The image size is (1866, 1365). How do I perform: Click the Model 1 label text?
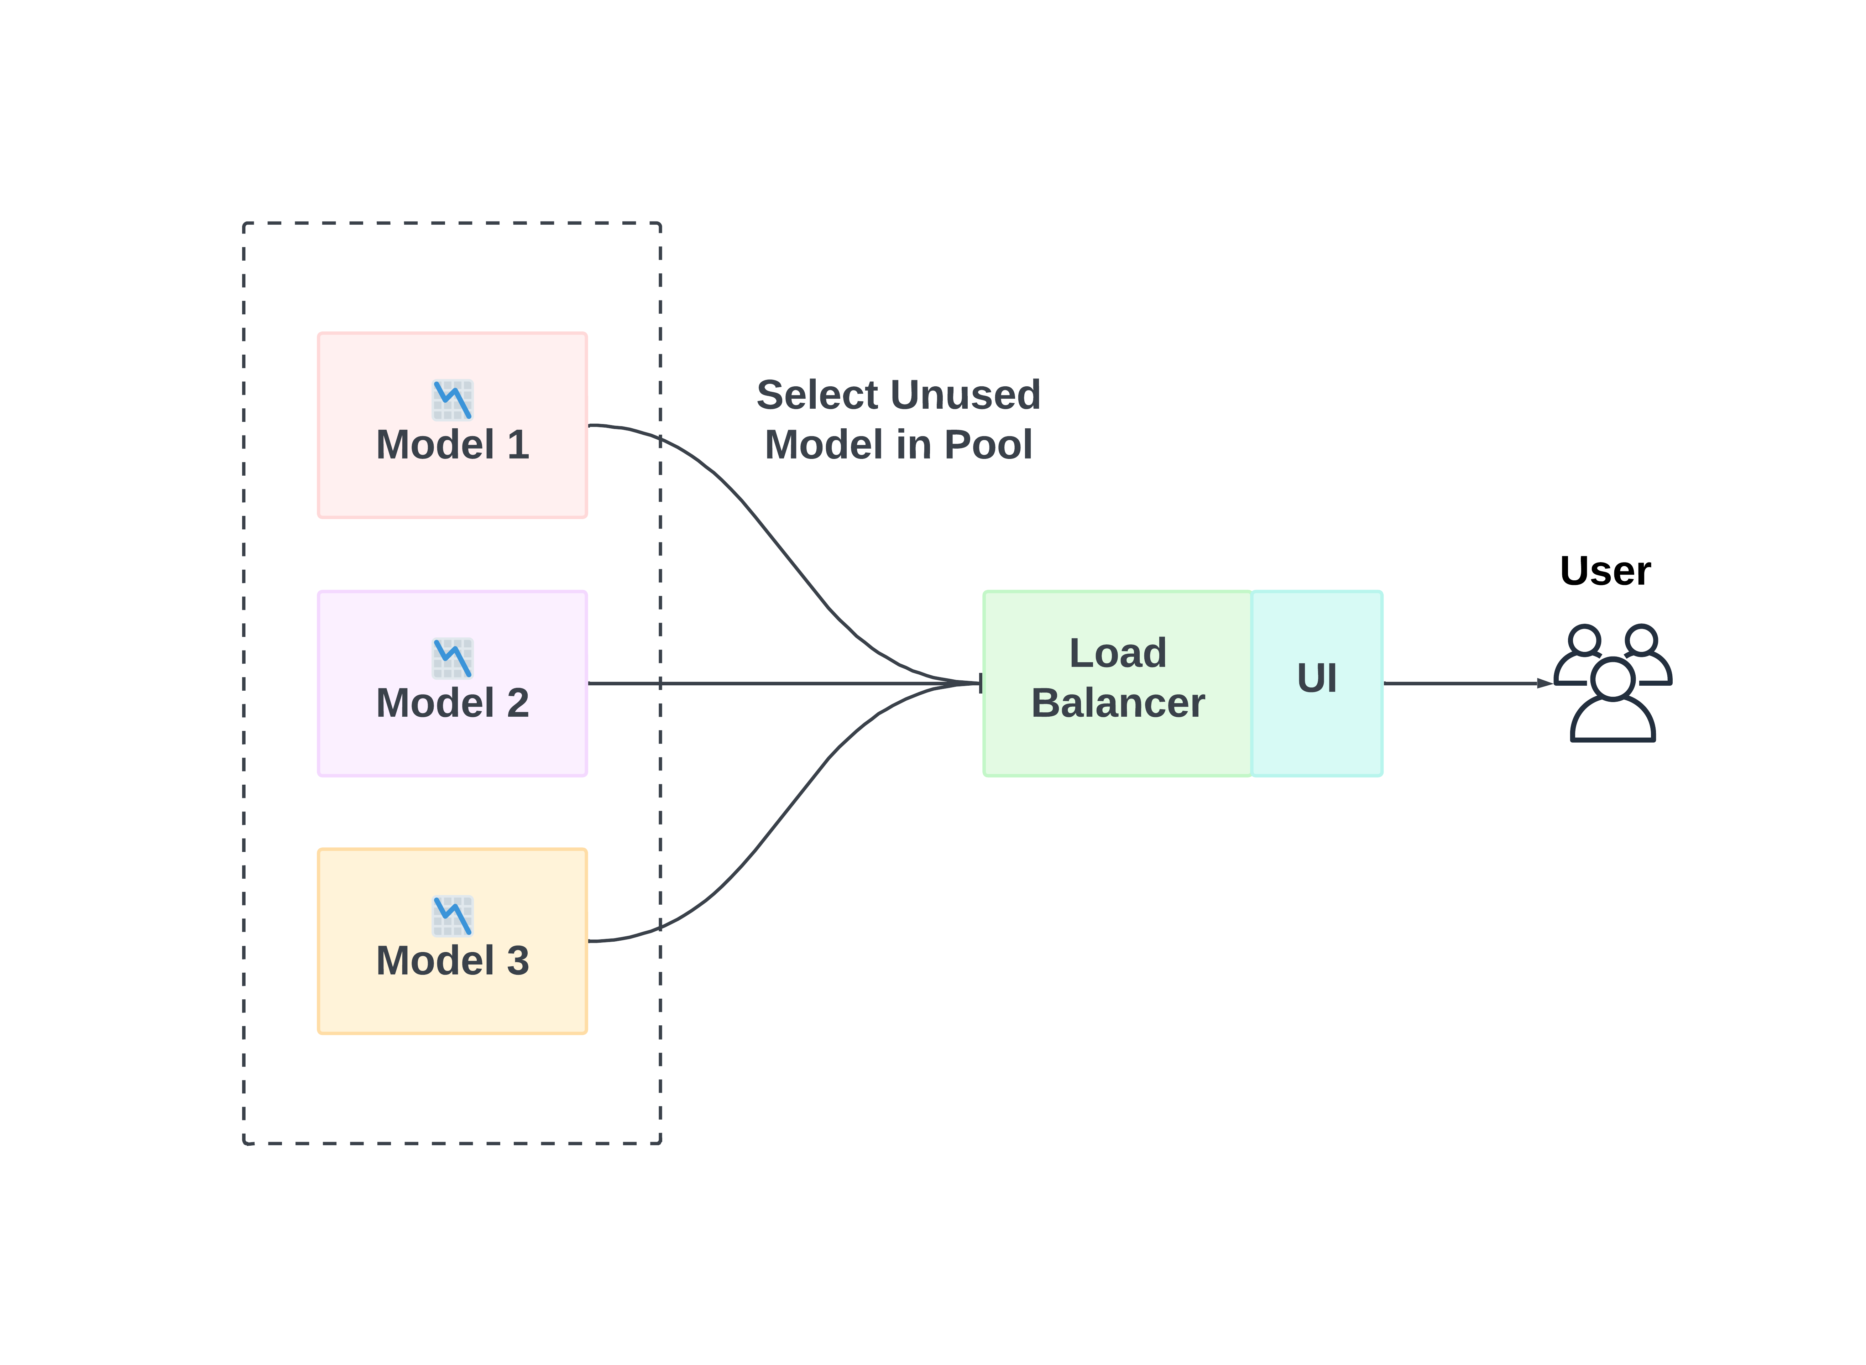[452, 445]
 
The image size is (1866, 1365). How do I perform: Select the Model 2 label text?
[452, 703]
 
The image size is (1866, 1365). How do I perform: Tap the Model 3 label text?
[452, 961]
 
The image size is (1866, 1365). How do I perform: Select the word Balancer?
[1117, 703]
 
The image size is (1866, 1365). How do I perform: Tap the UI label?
[1316, 678]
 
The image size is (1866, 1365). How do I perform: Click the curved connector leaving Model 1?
[769, 529]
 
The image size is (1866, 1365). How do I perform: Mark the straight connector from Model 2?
[785, 683]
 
